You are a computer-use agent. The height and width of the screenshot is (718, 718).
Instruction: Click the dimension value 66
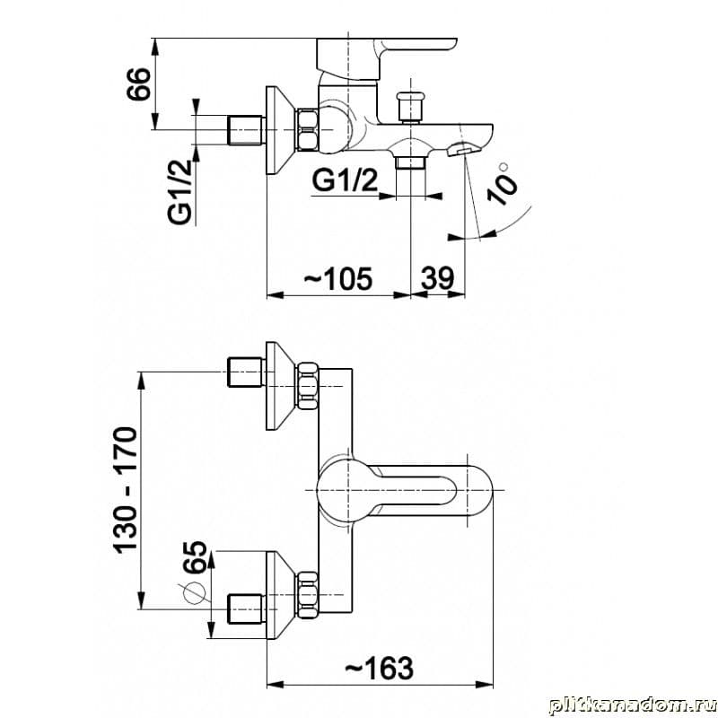point(138,83)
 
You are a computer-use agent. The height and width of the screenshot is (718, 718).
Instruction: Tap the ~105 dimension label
point(338,278)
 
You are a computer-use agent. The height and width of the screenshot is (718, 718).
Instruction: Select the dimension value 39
point(438,277)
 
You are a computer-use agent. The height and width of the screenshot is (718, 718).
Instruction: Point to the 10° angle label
point(502,184)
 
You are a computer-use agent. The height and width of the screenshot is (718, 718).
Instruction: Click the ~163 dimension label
point(379,668)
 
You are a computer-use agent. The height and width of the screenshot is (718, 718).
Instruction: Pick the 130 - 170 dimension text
point(125,490)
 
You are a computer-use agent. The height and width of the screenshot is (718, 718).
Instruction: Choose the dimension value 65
point(195,556)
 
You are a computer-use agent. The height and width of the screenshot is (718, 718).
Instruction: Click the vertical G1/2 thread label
point(179,191)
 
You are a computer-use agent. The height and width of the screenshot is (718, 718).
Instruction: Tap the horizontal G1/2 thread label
point(345,179)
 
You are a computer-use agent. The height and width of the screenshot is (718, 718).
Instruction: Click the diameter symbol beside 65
point(194,593)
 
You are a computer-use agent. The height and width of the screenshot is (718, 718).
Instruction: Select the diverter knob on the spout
point(411,108)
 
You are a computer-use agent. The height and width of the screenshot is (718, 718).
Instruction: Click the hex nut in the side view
point(308,129)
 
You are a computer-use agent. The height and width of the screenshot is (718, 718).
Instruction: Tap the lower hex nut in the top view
point(308,594)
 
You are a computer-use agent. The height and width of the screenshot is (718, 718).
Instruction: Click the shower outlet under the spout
point(411,162)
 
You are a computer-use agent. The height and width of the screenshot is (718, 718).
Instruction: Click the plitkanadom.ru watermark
point(632,705)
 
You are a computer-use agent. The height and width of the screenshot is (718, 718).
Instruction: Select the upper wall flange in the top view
point(277,386)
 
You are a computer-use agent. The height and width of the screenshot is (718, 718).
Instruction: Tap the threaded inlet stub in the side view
point(246,130)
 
